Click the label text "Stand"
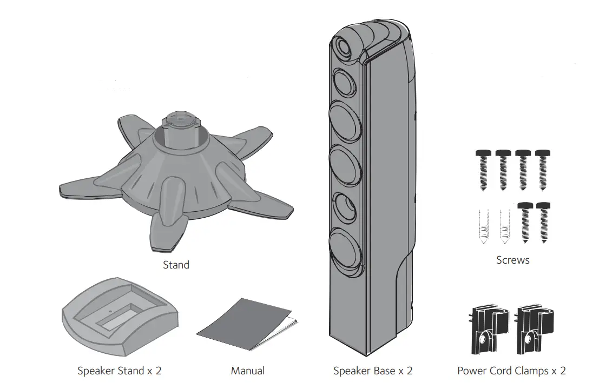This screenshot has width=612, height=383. pyautogui.click(x=176, y=265)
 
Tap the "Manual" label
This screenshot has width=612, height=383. pyautogui.click(x=248, y=371)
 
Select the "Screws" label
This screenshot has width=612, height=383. pyautogui.click(x=513, y=260)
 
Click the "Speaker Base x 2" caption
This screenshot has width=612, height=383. pyautogui.click(x=373, y=371)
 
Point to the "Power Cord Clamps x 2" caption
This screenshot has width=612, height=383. pyautogui.click(x=511, y=371)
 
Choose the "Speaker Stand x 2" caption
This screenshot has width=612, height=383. pyautogui.click(x=120, y=371)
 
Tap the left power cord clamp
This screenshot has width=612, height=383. pyautogui.click(x=488, y=331)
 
